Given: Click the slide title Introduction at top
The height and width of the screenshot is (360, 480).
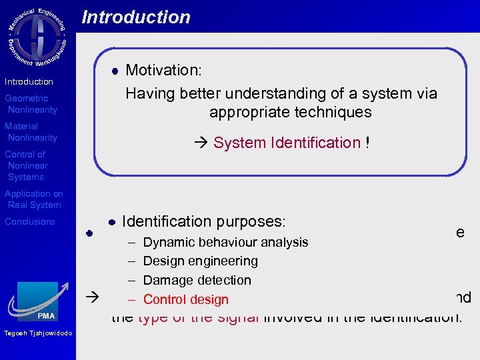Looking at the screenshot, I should (136, 17).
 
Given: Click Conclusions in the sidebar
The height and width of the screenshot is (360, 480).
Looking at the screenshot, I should (30, 221).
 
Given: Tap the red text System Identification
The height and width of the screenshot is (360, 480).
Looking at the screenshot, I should (287, 143).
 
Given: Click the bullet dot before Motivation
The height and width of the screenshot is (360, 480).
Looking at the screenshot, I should (114, 70).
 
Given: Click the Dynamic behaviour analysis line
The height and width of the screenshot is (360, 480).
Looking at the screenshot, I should (225, 242).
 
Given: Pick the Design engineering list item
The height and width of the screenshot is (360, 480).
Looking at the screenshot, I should (200, 261).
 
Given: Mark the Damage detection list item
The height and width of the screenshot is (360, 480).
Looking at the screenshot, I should (197, 280).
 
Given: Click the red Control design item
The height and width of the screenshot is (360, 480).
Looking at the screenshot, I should (185, 300).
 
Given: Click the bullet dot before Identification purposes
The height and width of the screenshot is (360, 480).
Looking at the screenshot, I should (113, 221).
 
